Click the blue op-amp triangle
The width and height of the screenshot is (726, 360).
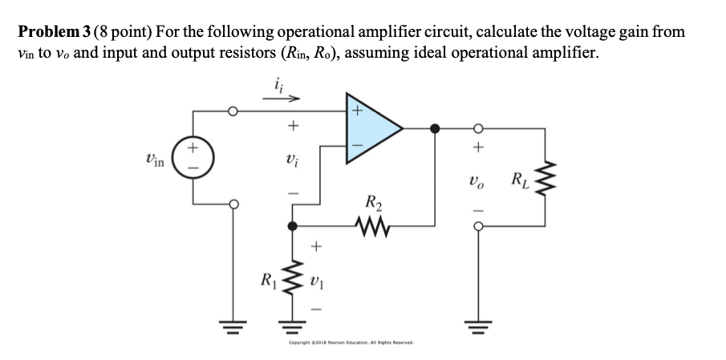click(371, 127)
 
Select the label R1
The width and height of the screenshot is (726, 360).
click(266, 281)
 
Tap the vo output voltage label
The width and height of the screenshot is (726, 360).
click(479, 181)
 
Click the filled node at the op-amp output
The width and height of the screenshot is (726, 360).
click(435, 127)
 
